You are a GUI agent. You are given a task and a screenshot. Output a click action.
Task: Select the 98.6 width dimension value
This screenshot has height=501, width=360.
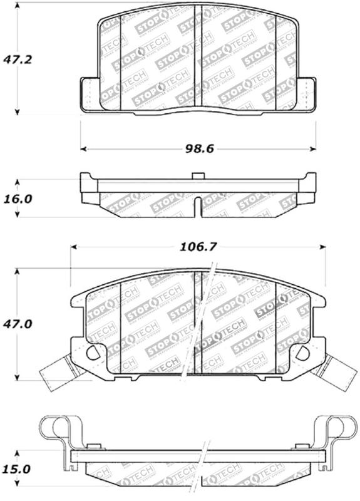[198, 149]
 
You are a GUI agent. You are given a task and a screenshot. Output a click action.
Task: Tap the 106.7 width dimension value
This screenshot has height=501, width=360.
[198, 247]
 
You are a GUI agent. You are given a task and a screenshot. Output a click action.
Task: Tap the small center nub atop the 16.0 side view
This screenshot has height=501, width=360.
[197, 175]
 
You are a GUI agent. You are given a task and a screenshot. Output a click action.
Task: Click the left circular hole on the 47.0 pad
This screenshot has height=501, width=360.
[93, 353]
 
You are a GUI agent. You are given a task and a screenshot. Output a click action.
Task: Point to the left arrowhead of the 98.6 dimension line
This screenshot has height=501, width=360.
[84, 149]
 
